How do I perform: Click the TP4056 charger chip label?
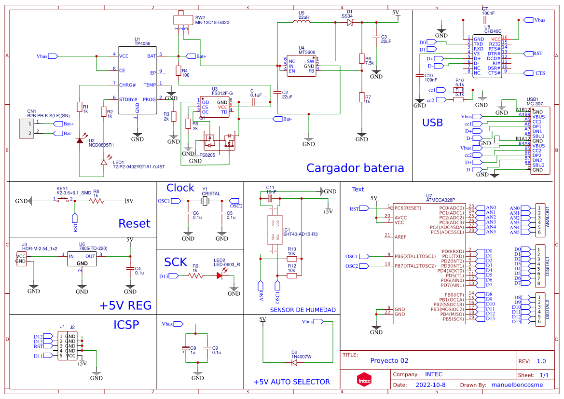pos(142,43)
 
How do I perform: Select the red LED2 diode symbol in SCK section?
pos(220,275)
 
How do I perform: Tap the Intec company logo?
pos(364,380)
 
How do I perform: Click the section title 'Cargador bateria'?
pos(355,168)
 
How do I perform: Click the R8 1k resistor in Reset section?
pos(96,201)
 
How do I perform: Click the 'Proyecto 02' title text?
pos(389,360)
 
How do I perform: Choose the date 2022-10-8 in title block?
pos(430,385)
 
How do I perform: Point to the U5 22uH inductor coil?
pos(304,22)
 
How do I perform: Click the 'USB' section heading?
pos(432,123)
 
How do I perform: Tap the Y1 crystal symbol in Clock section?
pos(205,201)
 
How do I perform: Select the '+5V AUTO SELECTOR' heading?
pos(291,382)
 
